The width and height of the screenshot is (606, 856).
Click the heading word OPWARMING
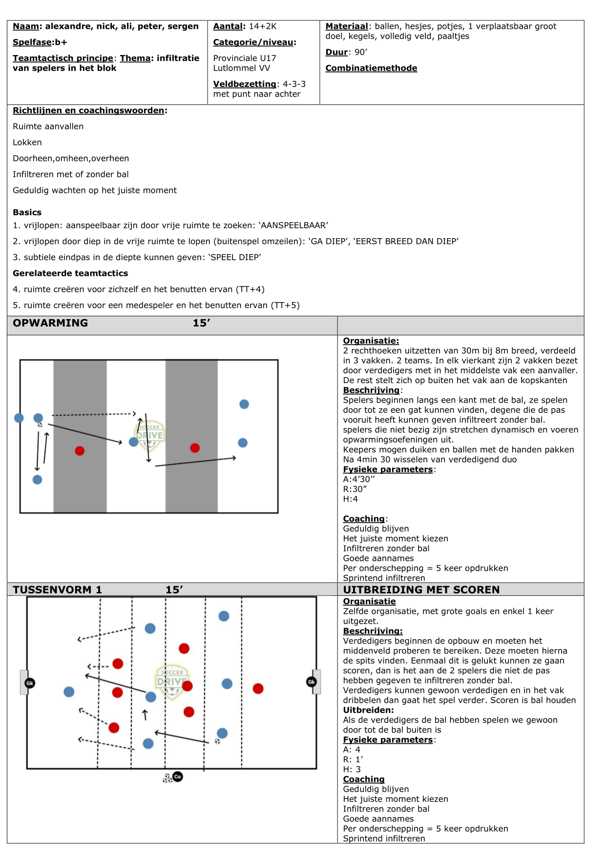50,323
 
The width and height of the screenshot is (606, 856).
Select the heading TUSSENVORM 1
57,590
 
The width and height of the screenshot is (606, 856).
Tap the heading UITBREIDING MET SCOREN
421,590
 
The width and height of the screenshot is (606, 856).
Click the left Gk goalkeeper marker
30,683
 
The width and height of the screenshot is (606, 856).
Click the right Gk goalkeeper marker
311,682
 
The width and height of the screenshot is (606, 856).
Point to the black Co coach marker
178,776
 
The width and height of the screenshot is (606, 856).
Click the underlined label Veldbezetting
245,84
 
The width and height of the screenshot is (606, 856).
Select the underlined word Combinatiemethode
371,68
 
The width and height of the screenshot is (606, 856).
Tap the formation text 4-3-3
294,84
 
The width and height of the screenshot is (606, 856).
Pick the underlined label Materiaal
347,26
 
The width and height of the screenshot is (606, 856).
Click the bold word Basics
27,212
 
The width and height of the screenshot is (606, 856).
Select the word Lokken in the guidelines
27,143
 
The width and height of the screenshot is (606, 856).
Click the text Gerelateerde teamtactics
70,273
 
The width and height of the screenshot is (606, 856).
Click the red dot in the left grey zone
80,451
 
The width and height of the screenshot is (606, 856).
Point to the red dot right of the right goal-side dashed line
258,689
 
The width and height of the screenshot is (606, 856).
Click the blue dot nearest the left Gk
69,692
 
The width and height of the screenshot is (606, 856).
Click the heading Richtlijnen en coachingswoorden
88,110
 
